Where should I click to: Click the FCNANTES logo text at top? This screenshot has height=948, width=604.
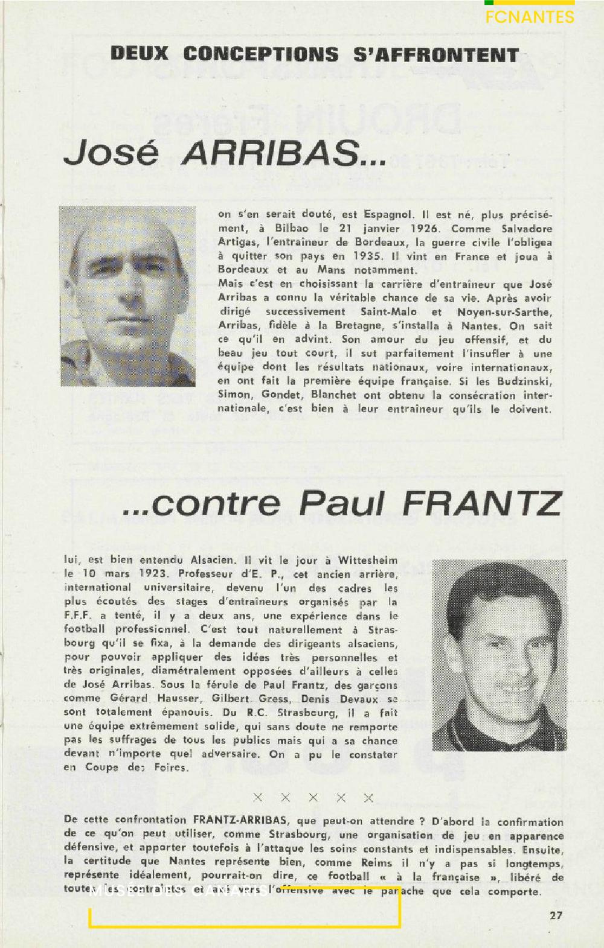tap(530, 17)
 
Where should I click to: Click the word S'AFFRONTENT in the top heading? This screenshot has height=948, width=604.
tap(435, 55)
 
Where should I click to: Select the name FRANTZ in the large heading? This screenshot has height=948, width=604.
tap(483, 504)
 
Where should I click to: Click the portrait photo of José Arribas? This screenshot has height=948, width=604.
tap(128, 296)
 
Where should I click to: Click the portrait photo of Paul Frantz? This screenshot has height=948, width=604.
tap(500, 655)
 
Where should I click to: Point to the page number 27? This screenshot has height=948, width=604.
tap(556, 915)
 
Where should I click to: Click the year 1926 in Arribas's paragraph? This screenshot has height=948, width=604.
tap(425, 229)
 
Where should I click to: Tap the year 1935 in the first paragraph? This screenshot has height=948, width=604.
tap(368, 256)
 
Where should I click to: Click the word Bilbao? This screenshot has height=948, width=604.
tap(292, 229)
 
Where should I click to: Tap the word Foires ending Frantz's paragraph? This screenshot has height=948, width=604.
tap(170, 768)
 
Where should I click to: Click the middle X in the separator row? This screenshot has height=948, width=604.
tap(313, 798)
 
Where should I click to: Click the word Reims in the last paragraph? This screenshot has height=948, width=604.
tap(376, 863)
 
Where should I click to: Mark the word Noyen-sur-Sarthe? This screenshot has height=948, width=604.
tap(504, 312)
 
